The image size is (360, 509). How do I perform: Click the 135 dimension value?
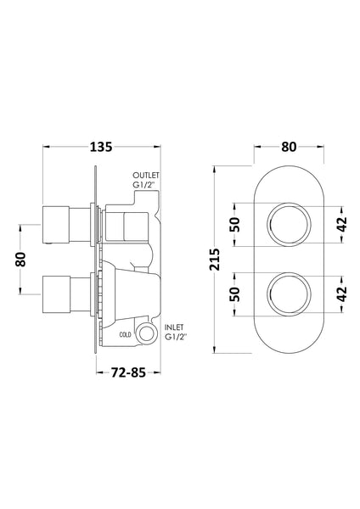(101, 147)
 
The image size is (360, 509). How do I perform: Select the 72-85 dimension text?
(128, 372)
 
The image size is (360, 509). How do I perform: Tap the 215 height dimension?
(215, 260)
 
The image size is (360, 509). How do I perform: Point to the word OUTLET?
(146, 176)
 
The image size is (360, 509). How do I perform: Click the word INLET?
(174, 327)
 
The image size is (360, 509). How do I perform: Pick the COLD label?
(126, 335)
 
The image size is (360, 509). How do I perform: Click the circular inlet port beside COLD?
(145, 333)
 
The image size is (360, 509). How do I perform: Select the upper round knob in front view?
(289, 224)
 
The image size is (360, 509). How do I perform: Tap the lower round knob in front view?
(289, 294)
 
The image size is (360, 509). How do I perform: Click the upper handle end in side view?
(56, 224)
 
